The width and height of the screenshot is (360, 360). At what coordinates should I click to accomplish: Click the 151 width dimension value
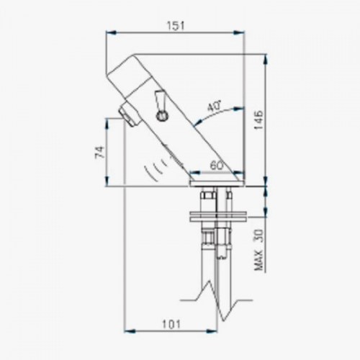click(x=176, y=26)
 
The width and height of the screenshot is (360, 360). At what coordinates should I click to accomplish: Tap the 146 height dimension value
click(x=258, y=120)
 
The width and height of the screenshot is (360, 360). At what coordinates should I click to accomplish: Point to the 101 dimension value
click(x=171, y=325)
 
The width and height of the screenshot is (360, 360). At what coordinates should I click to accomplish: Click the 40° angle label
click(x=214, y=107)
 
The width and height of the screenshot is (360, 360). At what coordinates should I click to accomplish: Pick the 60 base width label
click(x=217, y=166)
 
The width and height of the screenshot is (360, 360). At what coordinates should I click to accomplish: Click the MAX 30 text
click(x=258, y=250)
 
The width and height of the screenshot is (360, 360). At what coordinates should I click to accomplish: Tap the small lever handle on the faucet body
click(x=160, y=99)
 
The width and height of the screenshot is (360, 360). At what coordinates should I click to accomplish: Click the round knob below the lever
click(x=162, y=116)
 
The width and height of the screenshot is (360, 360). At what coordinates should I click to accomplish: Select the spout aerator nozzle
click(x=130, y=114)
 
